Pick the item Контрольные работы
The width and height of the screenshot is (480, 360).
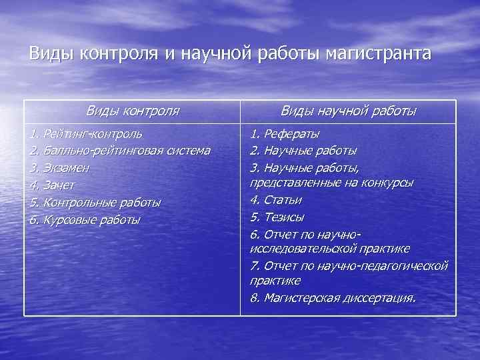point(102,202)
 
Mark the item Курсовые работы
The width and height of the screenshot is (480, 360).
point(92,219)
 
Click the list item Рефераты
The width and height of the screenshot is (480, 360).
point(291,134)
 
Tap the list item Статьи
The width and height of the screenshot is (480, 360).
point(283,199)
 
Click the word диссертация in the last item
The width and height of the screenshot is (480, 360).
point(379,297)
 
